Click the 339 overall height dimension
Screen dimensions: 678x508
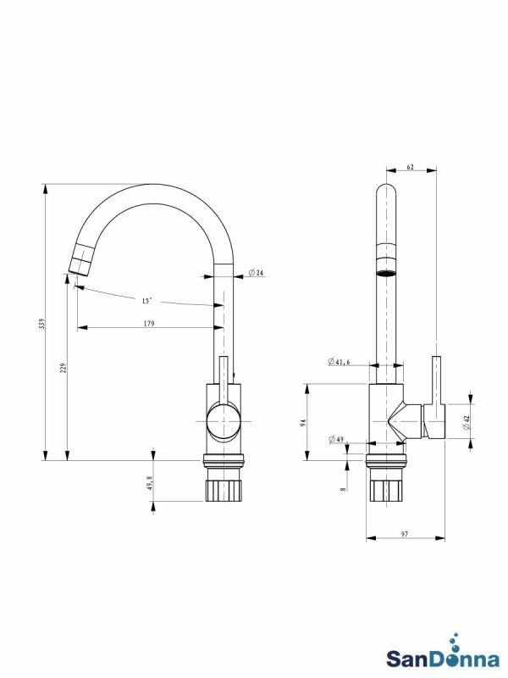[x=40, y=324]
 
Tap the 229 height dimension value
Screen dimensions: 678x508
[x=63, y=369]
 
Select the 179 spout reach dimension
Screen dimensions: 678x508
[x=149, y=322]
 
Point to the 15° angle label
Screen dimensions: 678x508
[x=146, y=300]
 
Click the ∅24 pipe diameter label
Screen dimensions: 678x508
[x=257, y=273]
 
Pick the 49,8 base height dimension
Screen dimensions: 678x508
[x=149, y=482]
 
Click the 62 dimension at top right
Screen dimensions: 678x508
[x=410, y=167]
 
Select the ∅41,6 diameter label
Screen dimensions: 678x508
[x=340, y=361]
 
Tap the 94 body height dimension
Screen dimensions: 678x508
[x=303, y=423]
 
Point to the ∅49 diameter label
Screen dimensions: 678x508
[x=336, y=439]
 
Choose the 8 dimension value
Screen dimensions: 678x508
[x=343, y=489]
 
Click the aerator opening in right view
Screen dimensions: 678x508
[x=385, y=274]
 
